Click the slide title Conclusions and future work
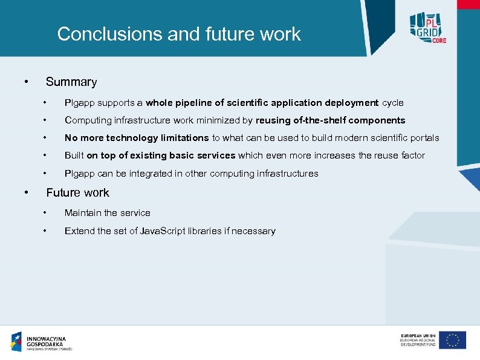[179, 34]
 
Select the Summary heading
[71, 82]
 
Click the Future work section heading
[78, 192]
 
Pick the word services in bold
[216, 155]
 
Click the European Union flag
[452, 340]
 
